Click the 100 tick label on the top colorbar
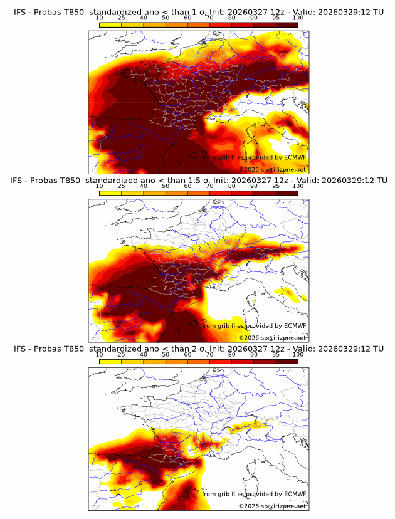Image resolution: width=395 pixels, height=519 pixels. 298,18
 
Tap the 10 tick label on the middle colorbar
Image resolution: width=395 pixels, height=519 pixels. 100,186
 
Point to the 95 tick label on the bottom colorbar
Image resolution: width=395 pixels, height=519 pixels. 276,355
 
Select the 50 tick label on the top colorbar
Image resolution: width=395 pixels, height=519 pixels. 166,18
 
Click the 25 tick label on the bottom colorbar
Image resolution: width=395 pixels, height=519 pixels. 121,355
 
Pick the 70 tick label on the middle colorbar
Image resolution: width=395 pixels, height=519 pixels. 210,186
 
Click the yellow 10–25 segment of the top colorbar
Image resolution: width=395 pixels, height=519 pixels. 110,24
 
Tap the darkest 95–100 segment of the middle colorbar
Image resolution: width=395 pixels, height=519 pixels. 287,193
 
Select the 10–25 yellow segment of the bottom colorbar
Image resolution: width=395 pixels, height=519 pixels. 110,362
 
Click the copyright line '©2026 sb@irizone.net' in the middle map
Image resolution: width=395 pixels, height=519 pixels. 272,338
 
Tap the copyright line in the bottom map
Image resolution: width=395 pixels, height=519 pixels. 272,506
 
